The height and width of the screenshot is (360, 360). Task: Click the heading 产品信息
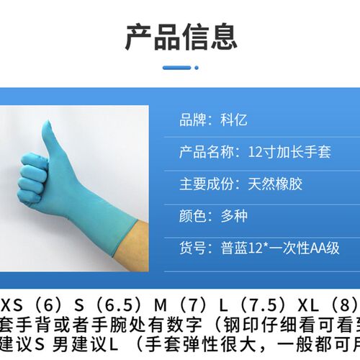click(x=180, y=35)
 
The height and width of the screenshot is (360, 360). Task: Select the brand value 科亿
click(x=235, y=120)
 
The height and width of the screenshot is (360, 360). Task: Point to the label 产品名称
click(x=201, y=152)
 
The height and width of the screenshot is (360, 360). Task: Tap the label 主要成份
click(x=201, y=184)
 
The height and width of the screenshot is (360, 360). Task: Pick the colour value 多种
click(x=235, y=215)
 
